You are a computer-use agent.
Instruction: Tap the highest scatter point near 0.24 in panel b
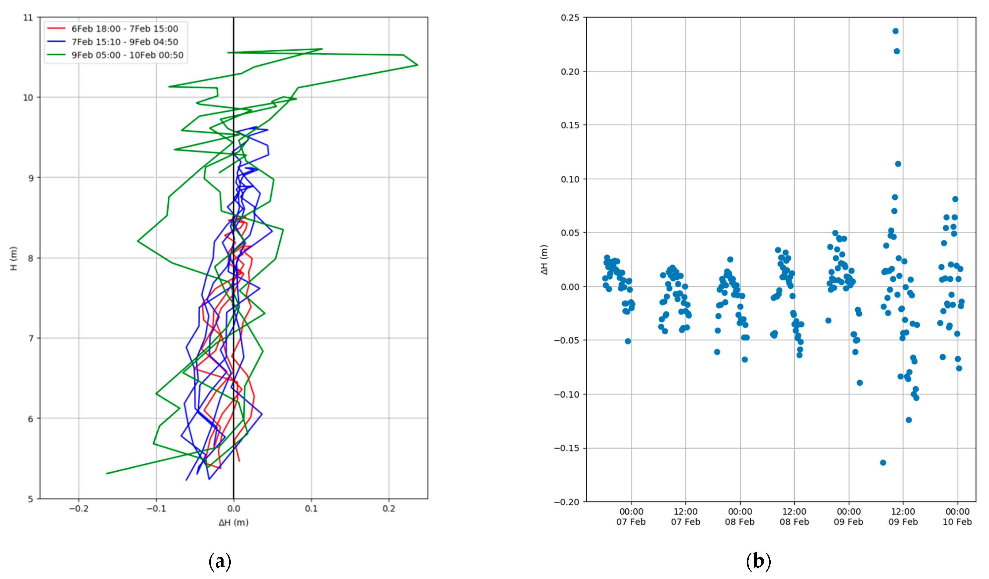(x=895, y=31)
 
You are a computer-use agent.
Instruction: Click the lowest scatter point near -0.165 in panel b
(x=883, y=462)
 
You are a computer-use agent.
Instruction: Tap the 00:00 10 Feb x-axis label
(x=957, y=517)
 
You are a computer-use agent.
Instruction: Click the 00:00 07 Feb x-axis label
(x=631, y=517)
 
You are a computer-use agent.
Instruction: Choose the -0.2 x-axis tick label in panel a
(x=79, y=509)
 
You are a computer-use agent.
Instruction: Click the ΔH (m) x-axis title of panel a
(x=233, y=522)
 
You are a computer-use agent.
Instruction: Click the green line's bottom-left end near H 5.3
(x=107, y=474)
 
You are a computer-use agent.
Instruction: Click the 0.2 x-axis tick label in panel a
(x=389, y=509)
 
